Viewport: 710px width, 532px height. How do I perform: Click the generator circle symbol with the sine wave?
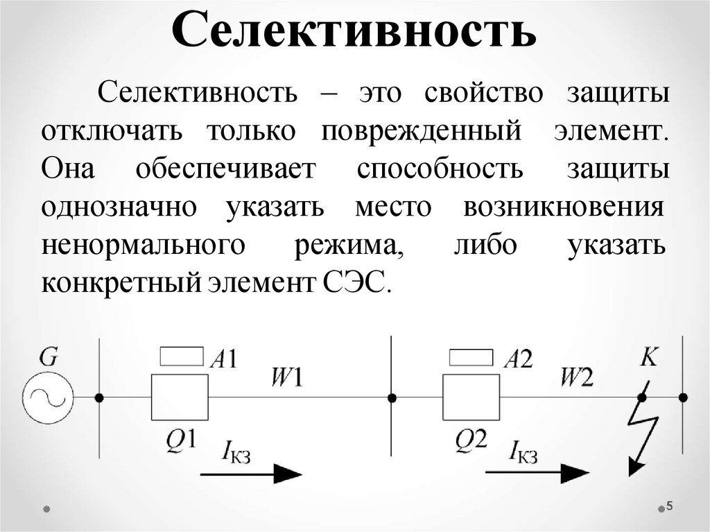click(48, 397)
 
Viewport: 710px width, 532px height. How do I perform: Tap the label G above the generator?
click(49, 357)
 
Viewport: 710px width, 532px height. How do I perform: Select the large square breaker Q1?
click(180, 397)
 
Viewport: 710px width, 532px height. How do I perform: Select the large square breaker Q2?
click(471, 397)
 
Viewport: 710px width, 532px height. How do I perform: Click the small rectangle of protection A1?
click(182, 357)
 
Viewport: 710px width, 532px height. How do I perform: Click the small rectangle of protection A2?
click(471, 357)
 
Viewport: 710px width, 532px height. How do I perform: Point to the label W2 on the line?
click(577, 377)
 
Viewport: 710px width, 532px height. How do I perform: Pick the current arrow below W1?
click(251, 474)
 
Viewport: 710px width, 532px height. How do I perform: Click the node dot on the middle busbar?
click(392, 397)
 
